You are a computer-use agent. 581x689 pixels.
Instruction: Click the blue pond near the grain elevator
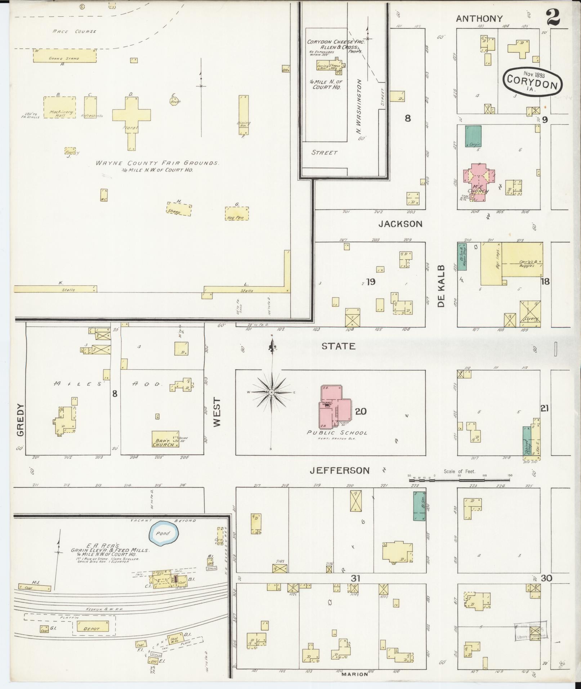[163, 534]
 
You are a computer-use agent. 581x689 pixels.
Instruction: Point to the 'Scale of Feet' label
[460, 471]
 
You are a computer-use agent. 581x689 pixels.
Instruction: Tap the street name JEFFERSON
[340, 470]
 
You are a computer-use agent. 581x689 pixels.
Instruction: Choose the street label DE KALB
[442, 286]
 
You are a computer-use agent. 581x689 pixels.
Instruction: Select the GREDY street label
[20, 420]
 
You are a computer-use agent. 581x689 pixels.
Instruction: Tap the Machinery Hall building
[60, 107]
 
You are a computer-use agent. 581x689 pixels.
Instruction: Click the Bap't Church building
[165, 439]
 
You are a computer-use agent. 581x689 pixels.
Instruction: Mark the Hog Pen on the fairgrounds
[237, 213]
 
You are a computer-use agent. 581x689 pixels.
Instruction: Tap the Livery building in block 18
[530, 314]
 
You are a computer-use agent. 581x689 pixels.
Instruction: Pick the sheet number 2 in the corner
[553, 17]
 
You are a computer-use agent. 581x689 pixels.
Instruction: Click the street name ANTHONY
[479, 19]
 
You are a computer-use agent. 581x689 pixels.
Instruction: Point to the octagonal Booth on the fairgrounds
[175, 100]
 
